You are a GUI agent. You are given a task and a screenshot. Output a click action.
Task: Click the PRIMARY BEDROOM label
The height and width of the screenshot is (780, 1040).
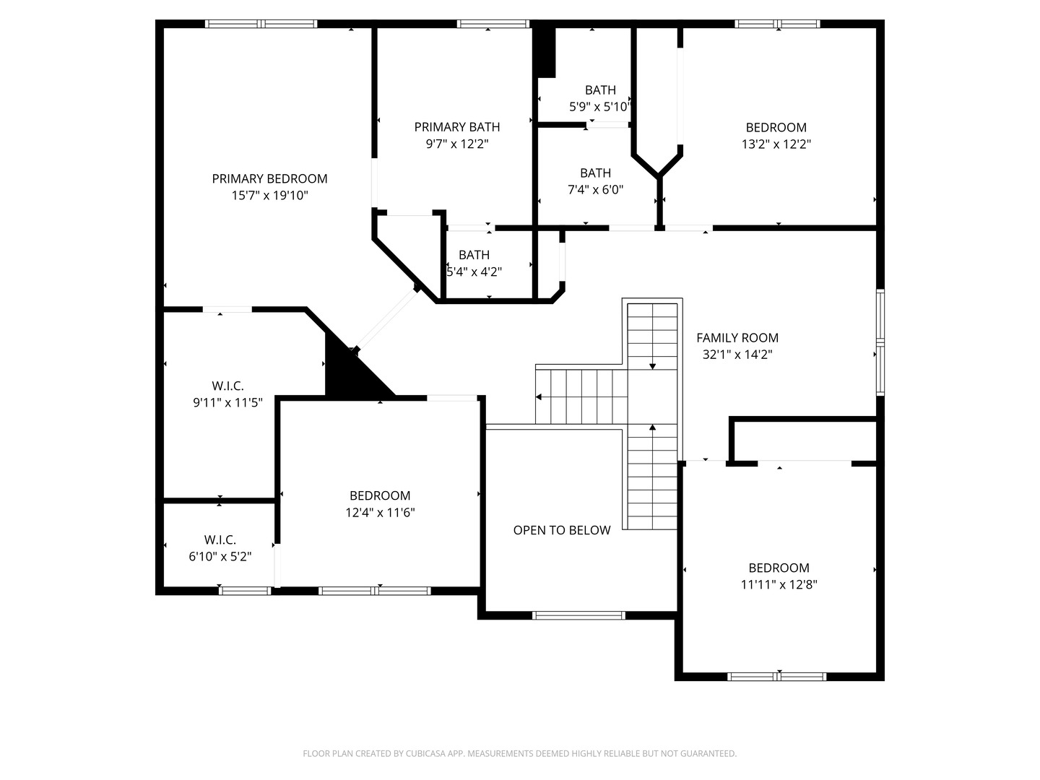269,178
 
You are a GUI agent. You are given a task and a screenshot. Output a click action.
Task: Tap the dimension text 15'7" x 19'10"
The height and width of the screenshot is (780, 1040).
269,195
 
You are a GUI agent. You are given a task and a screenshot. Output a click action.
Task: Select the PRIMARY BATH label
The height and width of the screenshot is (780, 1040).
457,127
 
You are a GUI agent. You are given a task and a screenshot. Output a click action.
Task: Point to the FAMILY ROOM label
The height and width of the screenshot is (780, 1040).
737,337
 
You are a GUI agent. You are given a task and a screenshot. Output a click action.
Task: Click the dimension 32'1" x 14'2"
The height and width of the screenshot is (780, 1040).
737,355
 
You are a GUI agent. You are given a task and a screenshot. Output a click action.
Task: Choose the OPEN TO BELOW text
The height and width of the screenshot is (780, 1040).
562,530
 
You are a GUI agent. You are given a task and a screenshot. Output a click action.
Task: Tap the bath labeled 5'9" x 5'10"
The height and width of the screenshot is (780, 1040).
600,107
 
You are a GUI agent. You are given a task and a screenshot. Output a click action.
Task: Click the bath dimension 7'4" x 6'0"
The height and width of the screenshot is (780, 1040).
595,190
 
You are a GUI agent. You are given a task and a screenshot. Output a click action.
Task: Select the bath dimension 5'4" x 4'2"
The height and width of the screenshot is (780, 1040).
474,272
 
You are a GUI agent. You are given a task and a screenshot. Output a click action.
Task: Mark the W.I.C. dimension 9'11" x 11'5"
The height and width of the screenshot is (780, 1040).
228,403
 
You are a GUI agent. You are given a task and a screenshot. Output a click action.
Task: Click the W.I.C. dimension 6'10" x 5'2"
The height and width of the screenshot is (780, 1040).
220,557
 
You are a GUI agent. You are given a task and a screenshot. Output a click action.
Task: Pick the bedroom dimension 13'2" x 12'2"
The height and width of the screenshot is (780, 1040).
776,144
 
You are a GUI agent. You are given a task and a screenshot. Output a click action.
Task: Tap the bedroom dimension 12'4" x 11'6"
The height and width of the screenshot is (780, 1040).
380,513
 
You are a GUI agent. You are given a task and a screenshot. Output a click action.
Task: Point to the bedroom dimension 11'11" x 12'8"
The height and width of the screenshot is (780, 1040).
779,585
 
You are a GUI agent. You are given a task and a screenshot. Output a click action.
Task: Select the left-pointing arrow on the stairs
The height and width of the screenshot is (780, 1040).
539,396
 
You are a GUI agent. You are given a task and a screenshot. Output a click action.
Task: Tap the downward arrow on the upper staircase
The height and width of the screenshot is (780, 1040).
652,366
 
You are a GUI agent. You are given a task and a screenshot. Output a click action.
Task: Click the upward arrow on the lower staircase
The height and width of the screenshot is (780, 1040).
652,428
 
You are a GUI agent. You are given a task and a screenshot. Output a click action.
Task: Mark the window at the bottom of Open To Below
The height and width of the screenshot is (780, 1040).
578,615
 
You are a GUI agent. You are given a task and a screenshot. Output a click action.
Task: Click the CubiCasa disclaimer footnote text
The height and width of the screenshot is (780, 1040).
519,753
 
